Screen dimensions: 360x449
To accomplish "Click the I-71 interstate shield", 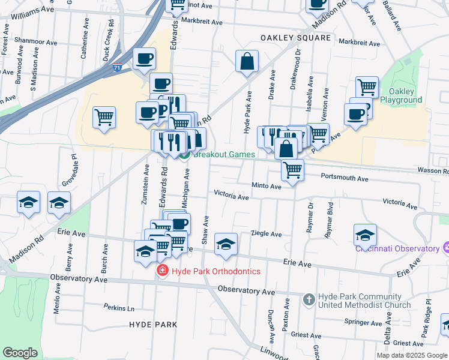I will (117, 68).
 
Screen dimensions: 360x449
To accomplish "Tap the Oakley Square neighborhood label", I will (295, 38).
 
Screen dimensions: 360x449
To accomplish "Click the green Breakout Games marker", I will (185, 155).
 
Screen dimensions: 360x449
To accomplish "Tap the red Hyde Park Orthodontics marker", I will (161, 272).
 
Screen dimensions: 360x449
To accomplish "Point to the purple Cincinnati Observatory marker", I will (445, 247).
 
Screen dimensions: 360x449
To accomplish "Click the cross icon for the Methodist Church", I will (309, 299).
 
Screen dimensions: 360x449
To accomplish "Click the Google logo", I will (20, 353).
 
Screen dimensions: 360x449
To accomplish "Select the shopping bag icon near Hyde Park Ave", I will (247, 61).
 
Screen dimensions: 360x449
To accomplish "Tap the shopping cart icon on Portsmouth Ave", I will (292, 170).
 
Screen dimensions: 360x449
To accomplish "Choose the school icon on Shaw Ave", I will (226, 244).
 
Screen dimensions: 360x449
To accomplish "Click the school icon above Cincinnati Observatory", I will (365, 235).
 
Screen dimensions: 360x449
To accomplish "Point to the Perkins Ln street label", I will (118, 308).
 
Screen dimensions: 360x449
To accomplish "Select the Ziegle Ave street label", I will (266, 233).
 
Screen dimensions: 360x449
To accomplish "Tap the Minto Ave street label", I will (267, 187).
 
